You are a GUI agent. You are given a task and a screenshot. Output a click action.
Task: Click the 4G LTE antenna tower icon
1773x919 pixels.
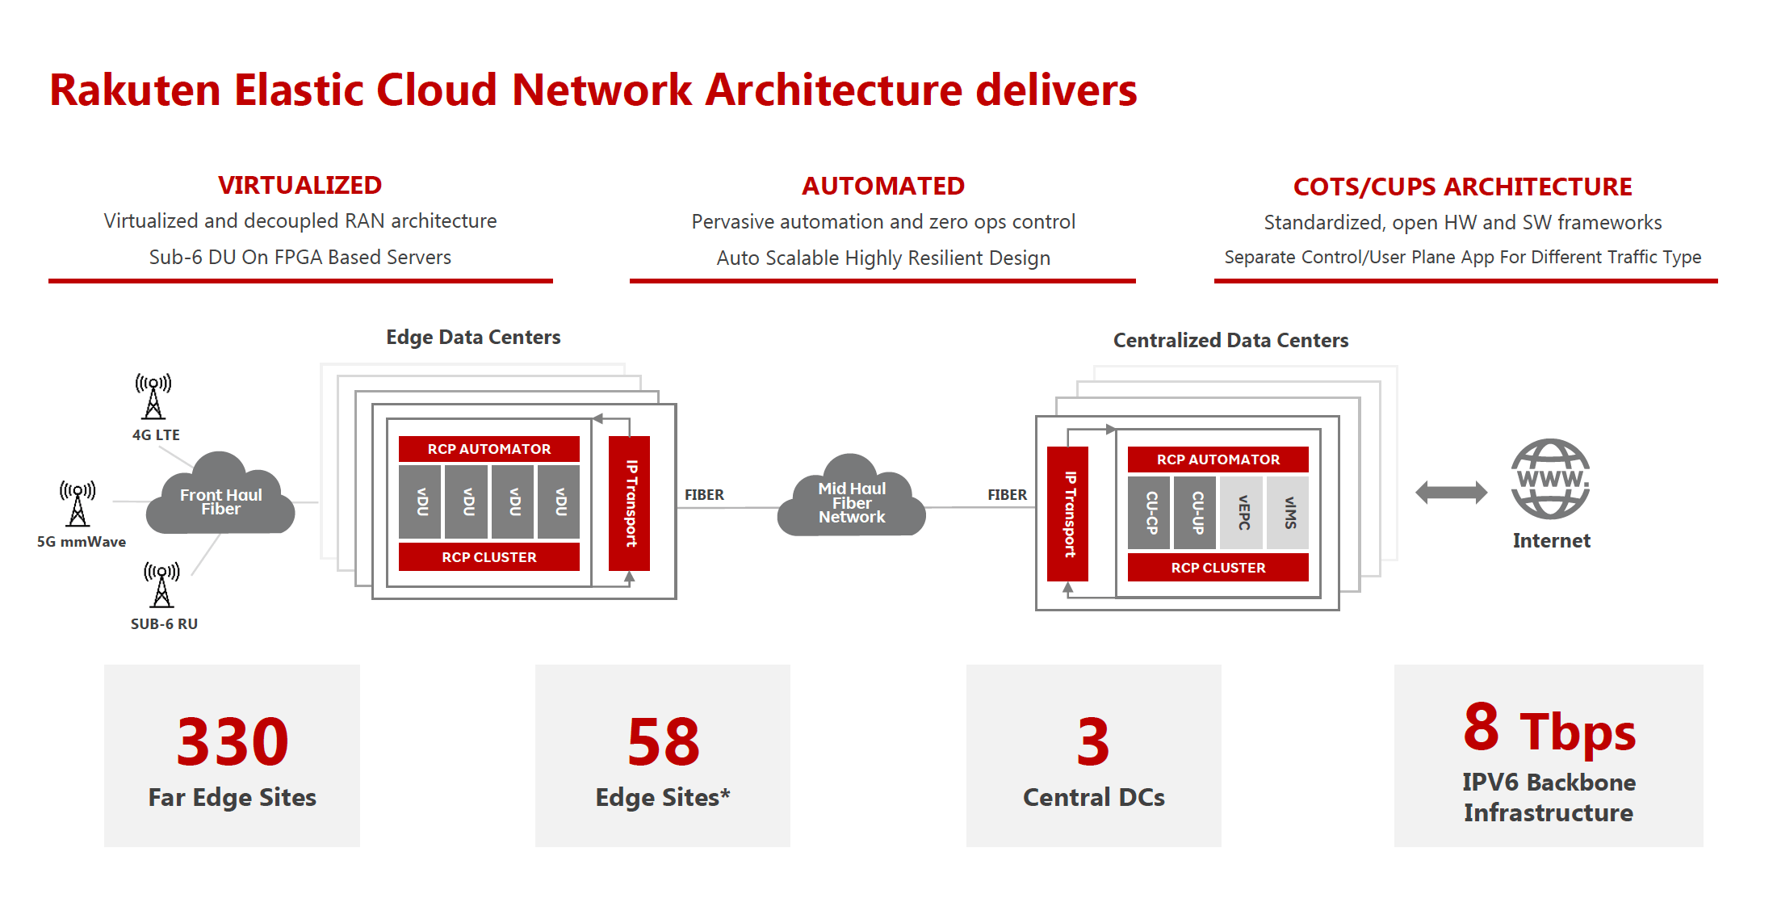point(153,397)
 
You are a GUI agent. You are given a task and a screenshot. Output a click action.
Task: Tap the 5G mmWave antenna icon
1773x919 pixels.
point(78,503)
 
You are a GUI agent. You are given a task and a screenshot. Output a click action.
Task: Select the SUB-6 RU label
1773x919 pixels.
point(164,624)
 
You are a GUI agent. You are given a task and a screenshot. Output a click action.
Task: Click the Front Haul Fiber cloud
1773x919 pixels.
point(220,501)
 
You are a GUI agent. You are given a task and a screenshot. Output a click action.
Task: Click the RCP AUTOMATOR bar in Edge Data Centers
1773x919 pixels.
point(489,449)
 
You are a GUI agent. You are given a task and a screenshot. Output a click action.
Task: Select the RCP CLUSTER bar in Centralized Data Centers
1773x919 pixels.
point(1218,568)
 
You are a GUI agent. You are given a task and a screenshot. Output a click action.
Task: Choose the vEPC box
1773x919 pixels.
point(1243,513)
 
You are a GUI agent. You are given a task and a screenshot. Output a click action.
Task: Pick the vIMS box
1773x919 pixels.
point(1289,513)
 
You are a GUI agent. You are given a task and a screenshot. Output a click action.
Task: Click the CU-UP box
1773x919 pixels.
point(1196,513)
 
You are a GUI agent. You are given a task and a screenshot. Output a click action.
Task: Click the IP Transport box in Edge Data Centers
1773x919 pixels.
point(630,503)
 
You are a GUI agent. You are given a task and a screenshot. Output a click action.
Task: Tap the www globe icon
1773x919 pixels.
point(1550,479)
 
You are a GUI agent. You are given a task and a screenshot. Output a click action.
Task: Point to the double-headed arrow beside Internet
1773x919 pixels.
point(1451,492)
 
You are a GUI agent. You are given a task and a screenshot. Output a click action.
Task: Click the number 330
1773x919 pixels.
point(233,742)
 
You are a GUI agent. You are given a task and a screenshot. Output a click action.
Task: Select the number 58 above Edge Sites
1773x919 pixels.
point(663,742)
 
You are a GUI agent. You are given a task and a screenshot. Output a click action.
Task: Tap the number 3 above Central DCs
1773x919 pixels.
point(1093,742)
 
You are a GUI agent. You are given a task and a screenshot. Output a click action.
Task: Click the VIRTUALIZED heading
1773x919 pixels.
point(300,186)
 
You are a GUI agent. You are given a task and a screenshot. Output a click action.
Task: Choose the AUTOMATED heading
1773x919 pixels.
point(882,187)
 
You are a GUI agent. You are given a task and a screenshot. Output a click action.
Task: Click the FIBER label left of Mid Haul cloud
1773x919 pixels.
point(704,495)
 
